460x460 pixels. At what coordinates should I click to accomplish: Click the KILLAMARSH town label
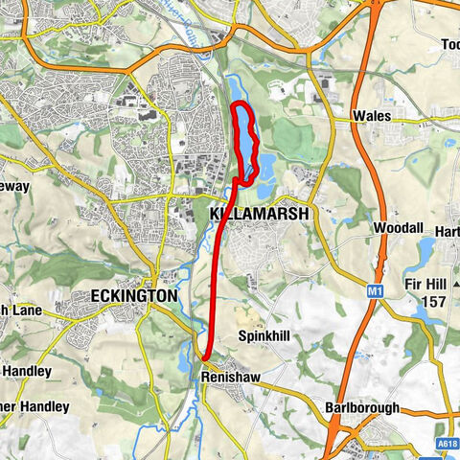pos(259,214)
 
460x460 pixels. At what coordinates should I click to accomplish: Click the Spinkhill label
pos(264,336)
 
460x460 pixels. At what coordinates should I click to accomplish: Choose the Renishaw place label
pos(230,378)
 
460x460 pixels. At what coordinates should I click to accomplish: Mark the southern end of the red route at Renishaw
pos(204,358)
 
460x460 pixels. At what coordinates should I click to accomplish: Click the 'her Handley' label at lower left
pos(34,406)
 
